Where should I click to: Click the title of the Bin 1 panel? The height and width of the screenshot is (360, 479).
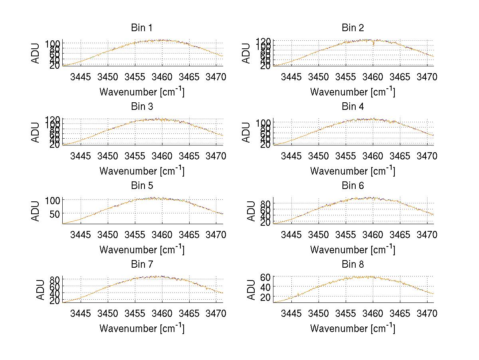(142, 28)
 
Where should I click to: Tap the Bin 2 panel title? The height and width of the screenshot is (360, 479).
(352, 28)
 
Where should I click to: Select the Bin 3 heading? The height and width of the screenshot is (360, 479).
(142, 107)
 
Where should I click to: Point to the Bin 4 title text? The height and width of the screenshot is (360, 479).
(352, 107)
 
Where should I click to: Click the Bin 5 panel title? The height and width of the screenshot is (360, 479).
(142, 186)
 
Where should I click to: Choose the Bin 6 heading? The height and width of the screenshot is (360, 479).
(352, 186)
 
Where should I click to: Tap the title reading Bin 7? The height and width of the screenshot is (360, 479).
(142, 265)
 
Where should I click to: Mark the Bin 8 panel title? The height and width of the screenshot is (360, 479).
(352, 265)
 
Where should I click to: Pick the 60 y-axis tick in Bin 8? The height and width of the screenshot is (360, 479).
(266, 277)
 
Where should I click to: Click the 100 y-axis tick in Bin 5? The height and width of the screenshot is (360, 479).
(52, 200)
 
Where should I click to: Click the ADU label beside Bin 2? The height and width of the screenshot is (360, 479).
(246, 54)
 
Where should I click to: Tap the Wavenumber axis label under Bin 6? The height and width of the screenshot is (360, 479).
(352, 250)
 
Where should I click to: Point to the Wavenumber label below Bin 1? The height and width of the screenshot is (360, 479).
(142, 92)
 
